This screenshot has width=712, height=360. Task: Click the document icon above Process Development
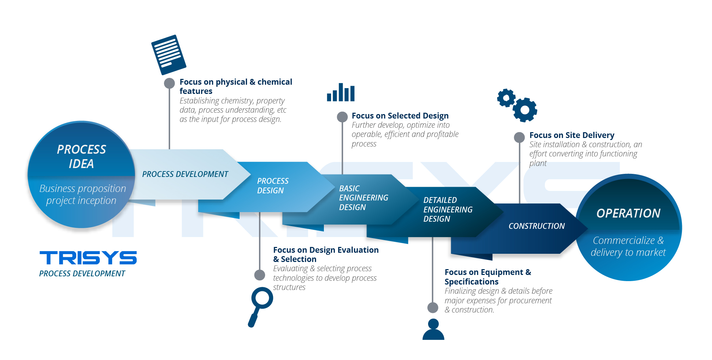coord(169,55)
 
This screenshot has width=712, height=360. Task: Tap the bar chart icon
coord(341,93)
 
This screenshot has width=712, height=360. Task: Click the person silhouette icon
coord(433,329)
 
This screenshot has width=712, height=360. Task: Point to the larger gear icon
coord(525,110)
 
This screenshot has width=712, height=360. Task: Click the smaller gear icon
coord(506,98)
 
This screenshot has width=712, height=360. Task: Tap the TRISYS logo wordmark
coord(88,258)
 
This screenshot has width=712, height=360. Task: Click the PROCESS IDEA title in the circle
coord(81,156)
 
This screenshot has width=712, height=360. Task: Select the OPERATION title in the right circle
coord(628,213)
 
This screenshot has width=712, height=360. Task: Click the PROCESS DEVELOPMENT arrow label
coord(185,174)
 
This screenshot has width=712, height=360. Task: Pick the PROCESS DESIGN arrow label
coord(273,186)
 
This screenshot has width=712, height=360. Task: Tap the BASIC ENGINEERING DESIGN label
coord(363,198)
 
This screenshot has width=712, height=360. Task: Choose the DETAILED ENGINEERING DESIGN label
coord(448,209)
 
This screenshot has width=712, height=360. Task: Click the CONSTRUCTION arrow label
coord(536,226)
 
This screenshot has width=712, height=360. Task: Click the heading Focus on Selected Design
coord(400,116)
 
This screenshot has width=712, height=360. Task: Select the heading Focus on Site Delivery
coord(572,135)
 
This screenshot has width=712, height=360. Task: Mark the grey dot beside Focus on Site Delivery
coord(519,137)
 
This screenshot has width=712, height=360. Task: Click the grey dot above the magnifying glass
coord(260,275)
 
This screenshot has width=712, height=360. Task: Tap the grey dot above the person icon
coord(433,307)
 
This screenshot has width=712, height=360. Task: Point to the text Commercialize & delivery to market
coord(628,246)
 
